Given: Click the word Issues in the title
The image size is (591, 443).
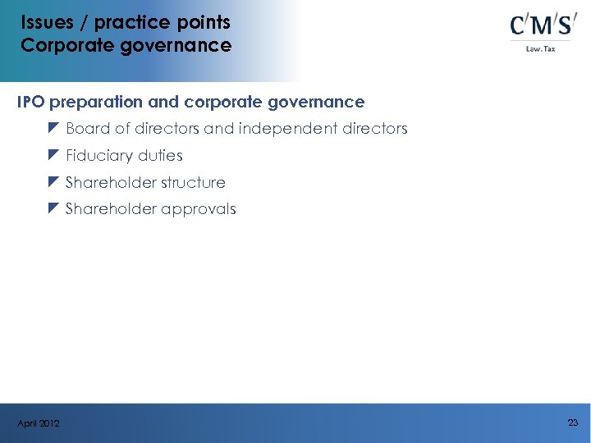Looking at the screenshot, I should tap(48, 22).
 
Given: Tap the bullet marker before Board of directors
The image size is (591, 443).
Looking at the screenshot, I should tap(54, 129).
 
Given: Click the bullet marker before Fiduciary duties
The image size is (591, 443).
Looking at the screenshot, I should tap(54, 155).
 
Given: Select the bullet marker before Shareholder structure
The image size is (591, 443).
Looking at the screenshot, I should tap(54, 182).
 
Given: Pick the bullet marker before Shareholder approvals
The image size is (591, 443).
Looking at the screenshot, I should tap(54, 208).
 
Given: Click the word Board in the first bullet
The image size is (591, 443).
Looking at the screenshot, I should tap(87, 129).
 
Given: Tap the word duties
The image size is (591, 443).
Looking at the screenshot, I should tap(160, 156).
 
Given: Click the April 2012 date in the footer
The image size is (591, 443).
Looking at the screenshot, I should tap(38, 423).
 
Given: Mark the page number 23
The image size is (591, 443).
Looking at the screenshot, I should tap(572, 422).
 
